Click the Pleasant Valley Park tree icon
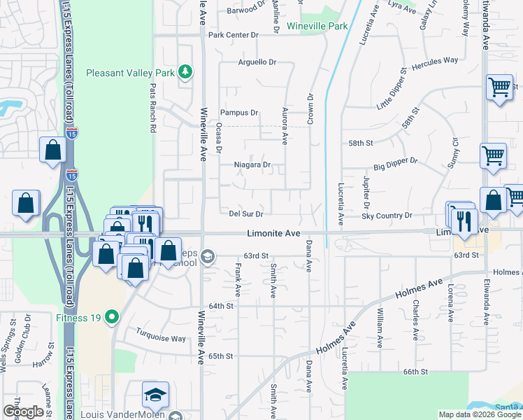coord(185,72)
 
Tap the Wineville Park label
coord(317,27)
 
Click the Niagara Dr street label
coord(252,165)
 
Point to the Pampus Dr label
coord(239,112)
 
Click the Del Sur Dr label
coord(245,213)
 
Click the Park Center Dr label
coord(234,34)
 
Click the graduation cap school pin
coord(156,394)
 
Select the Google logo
coord(23,412)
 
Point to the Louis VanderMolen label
coord(122,414)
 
